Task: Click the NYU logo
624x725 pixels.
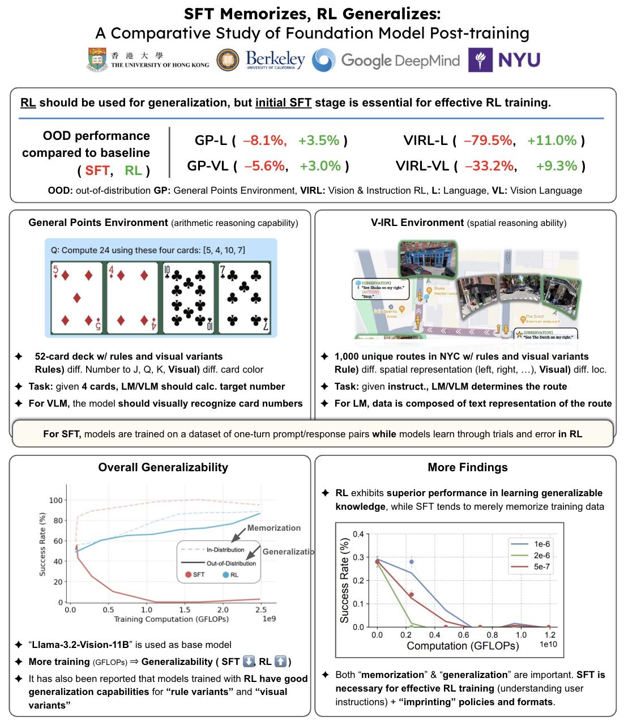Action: pyautogui.click(x=504, y=59)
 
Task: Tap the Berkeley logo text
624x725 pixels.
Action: pyautogui.click(x=275, y=59)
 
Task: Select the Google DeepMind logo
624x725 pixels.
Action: pyautogui.click(x=386, y=60)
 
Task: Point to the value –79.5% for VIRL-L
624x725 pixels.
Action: pyautogui.click(x=488, y=140)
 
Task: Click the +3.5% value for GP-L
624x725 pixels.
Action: pyautogui.click(x=319, y=140)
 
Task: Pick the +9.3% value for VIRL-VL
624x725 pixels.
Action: pyautogui.click(x=557, y=166)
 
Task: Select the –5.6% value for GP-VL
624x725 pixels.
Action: pyautogui.click(x=265, y=166)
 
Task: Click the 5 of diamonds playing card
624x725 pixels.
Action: pyautogui.click(x=77, y=297)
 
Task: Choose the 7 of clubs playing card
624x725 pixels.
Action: pyautogui.click(x=243, y=297)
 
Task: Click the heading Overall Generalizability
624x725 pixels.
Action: pyautogui.click(x=163, y=467)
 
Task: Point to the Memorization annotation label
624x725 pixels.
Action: pyautogui.click(x=274, y=528)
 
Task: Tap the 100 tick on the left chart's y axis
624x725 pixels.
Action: pyautogui.click(x=56, y=500)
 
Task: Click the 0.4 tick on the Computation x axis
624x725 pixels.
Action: pyautogui.click(x=434, y=635)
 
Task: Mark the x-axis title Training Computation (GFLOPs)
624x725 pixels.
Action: pyautogui.click(x=171, y=619)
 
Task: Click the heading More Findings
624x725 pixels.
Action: pyautogui.click(x=468, y=467)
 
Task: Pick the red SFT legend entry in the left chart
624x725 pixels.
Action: pyautogui.click(x=195, y=574)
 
